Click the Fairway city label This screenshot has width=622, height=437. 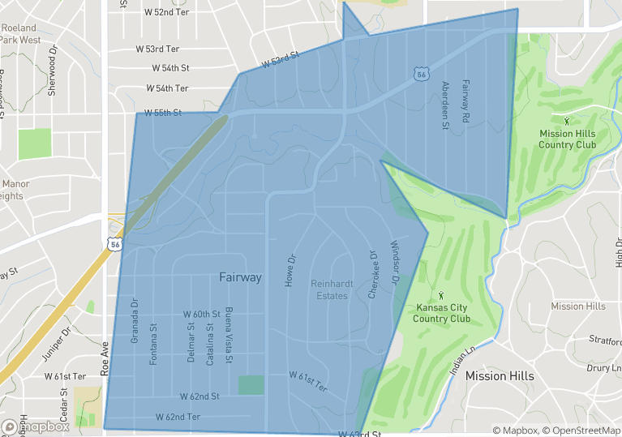(x=240, y=277)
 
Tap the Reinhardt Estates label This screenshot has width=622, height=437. (x=329, y=289)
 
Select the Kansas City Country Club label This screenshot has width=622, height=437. (x=441, y=313)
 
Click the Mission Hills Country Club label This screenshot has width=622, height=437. (x=567, y=139)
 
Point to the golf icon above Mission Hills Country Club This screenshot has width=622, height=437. (x=566, y=120)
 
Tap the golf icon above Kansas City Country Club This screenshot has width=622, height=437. (x=441, y=295)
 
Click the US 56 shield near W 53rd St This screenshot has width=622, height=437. (x=420, y=74)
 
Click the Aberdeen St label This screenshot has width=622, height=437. (x=444, y=105)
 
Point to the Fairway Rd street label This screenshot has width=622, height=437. (x=465, y=101)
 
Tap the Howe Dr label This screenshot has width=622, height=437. (x=290, y=270)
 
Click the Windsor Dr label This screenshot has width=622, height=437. (x=395, y=262)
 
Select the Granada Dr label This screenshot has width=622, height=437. (x=135, y=321)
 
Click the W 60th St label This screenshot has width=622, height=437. (x=202, y=314)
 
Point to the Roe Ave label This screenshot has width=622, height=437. (x=104, y=357)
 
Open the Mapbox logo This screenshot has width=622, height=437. (x=36, y=426)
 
